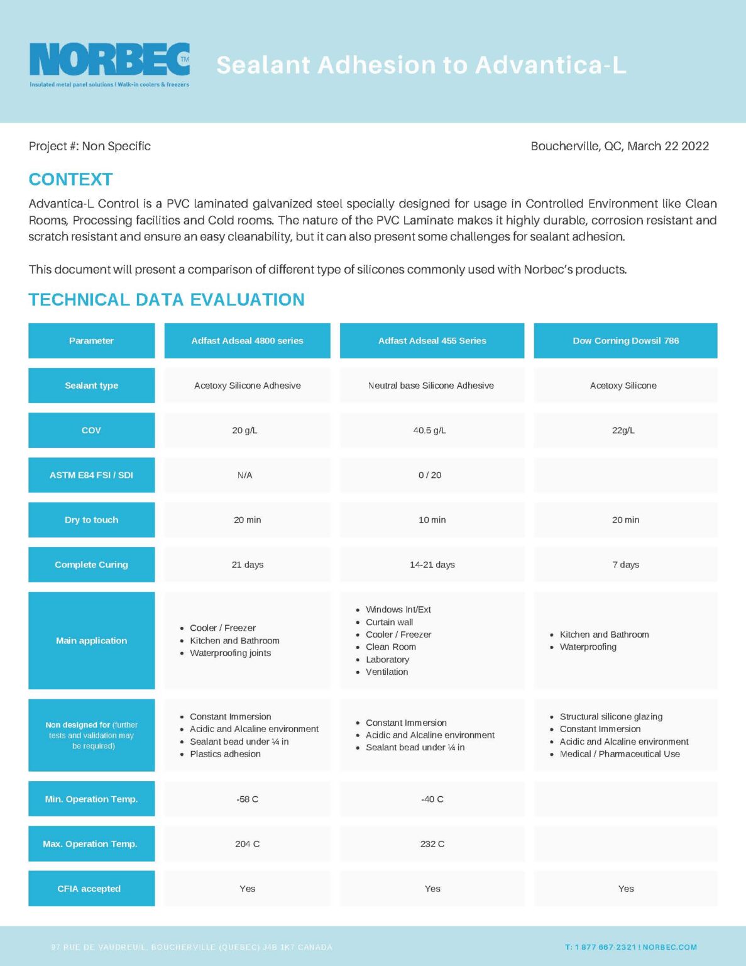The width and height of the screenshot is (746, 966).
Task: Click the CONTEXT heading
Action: click(x=70, y=179)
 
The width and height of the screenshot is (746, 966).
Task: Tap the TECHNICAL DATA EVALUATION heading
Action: click(x=167, y=299)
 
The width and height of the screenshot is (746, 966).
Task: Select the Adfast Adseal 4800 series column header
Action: click(x=247, y=341)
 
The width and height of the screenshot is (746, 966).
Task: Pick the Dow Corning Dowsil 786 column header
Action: click(x=625, y=341)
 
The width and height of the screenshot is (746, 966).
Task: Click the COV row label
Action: click(x=91, y=430)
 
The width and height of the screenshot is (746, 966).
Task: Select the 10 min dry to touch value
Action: click(x=432, y=520)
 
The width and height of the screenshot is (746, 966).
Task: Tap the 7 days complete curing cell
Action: click(x=625, y=565)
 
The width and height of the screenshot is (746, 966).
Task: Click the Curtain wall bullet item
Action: click(x=390, y=622)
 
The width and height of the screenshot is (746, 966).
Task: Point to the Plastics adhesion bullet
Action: click(x=225, y=754)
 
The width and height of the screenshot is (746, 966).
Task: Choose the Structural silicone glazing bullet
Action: click(x=611, y=716)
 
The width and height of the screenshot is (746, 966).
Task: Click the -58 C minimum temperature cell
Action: click(x=247, y=799)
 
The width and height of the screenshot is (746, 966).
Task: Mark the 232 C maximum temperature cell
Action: click(x=432, y=844)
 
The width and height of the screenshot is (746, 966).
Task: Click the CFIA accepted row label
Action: click(x=89, y=889)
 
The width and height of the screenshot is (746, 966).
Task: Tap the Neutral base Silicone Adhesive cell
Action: click(x=431, y=386)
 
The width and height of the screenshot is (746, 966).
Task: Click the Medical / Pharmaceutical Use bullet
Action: click(x=620, y=754)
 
